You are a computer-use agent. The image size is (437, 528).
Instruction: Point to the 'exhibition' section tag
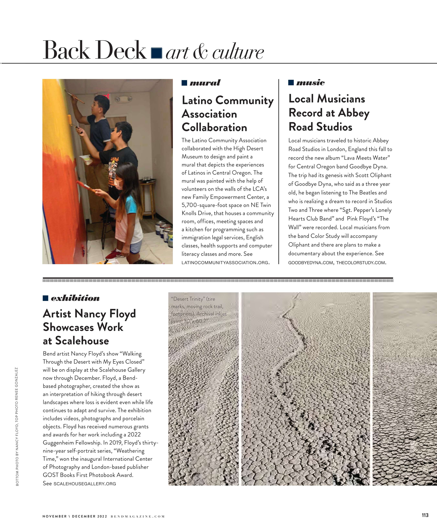coord(75,298)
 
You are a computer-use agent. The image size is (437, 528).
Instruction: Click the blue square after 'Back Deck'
coord(156,53)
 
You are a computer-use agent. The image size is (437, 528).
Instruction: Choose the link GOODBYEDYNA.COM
coord(311,263)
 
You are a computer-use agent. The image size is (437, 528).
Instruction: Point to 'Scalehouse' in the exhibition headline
coord(82,341)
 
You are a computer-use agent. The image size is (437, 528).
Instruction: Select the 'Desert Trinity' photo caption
coord(199,310)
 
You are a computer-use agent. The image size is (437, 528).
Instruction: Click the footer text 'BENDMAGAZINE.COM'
coord(138,517)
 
